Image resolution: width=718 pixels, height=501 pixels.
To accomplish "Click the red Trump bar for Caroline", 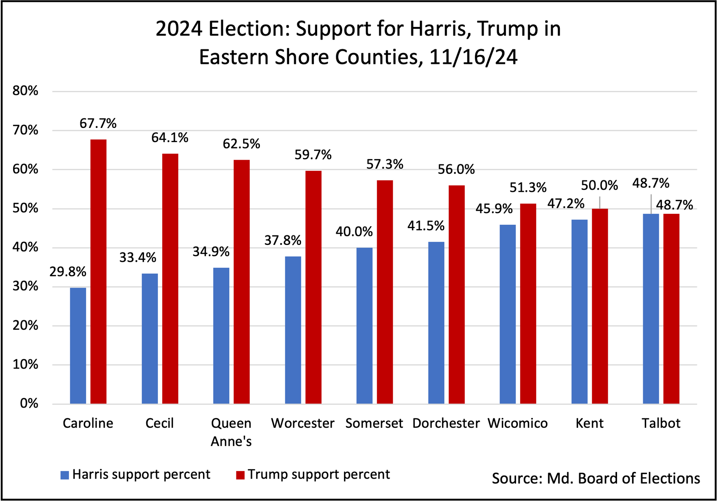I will click(98, 271).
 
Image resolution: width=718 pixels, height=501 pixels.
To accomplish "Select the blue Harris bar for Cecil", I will click(150, 338).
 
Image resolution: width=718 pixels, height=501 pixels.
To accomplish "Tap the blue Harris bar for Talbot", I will click(651, 308).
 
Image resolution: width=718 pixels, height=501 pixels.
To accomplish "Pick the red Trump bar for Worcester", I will click(313, 287).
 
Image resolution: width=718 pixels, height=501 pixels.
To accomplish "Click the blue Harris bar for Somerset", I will click(364, 325).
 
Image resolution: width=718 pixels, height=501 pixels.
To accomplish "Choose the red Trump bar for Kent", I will click(600, 306).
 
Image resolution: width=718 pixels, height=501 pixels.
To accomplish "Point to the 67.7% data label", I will click(98, 123).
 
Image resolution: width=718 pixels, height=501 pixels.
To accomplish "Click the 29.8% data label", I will click(68, 272).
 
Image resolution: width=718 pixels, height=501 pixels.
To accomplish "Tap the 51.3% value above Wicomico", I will click(528, 188).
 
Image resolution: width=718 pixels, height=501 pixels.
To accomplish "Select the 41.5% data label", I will click(426, 226).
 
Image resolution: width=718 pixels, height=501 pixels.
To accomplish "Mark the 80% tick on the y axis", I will click(25, 91).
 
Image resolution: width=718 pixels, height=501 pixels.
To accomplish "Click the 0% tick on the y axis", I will click(29, 403).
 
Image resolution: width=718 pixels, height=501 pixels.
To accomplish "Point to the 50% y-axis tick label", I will click(25, 208).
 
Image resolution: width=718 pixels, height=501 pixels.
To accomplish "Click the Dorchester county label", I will click(446, 423).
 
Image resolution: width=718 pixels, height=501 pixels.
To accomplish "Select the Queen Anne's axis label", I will click(231, 432).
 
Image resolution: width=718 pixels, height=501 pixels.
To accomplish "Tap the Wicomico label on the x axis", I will click(518, 423).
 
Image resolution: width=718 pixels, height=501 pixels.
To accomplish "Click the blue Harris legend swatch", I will click(65, 475).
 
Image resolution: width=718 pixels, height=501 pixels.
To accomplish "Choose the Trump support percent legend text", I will click(319, 474).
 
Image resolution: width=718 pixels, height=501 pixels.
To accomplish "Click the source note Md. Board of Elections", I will click(596, 479).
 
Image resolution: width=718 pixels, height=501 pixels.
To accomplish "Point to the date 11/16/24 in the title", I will click(473, 57).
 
